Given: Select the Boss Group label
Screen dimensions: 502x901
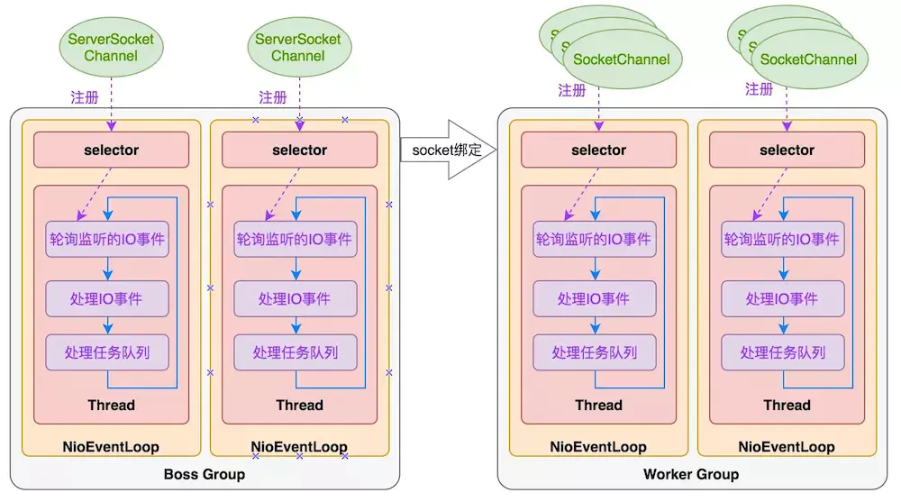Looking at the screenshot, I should coord(204,474).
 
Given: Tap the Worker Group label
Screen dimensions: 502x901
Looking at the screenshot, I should coord(691,474).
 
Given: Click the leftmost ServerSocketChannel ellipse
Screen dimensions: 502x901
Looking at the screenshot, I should coord(111,48).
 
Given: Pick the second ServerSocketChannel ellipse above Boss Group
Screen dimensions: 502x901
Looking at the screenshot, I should coord(298,48).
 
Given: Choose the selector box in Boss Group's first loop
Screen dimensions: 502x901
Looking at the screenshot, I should coord(111,150).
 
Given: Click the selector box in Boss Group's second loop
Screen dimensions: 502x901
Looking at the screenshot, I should coord(299,150).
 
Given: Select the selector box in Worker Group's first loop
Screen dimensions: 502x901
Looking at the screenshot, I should coord(598,150).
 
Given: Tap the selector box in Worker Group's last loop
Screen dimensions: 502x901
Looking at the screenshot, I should coord(787,150).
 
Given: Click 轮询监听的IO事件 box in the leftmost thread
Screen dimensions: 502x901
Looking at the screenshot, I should coord(107,240).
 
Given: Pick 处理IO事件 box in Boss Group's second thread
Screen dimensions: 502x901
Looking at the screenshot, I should coord(295,298).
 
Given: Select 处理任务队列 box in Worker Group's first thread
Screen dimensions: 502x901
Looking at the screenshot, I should coord(594,352).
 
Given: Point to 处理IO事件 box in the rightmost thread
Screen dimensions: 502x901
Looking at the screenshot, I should coord(782,298).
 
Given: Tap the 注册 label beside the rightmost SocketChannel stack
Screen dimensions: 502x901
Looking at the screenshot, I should coord(760,89).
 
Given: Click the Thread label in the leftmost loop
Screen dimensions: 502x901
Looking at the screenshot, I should coord(111,405).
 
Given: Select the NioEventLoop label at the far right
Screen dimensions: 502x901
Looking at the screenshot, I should coord(787,446).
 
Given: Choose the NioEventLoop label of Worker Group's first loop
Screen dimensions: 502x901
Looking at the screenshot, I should coord(598,446).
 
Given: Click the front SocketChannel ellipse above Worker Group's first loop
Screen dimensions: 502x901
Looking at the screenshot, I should coord(622,59).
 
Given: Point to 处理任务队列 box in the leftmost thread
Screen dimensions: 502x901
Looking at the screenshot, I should coord(107,352).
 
